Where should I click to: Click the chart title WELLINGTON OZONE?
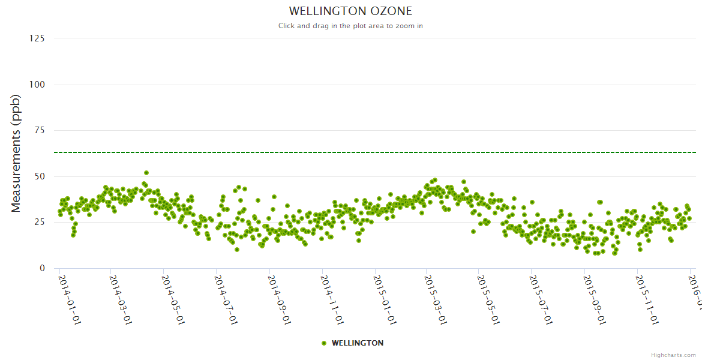(x=350, y=11)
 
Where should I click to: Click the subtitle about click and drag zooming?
(x=350, y=26)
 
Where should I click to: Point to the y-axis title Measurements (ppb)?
(x=16, y=153)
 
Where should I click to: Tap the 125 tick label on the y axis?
(x=37, y=38)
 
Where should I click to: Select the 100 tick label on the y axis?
(x=37, y=85)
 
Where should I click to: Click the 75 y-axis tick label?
(x=39, y=130)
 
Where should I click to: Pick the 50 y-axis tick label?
(x=39, y=176)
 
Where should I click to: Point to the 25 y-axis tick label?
(x=39, y=223)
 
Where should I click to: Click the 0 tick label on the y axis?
(x=41, y=268)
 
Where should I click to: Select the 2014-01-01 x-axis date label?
(x=69, y=299)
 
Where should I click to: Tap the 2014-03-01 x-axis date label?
(x=121, y=299)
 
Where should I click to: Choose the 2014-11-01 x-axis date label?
(x=332, y=299)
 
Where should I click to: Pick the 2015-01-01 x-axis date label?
(x=384, y=299)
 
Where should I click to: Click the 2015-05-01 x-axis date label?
(x=489, y=299)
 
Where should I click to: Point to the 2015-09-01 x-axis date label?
(x=594, y=299)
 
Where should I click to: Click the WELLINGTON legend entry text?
(x=358, y=343)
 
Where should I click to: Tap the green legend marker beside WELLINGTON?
(x=324, y=343)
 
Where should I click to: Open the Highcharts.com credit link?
(x=673, y=355)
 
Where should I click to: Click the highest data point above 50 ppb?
(x=146, y=173)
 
